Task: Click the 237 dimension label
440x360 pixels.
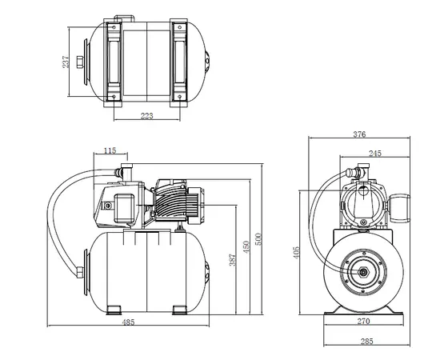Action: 65,62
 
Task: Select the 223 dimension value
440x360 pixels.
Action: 146,116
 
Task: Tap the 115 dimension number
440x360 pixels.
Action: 110,150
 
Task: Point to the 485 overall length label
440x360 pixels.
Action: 128,322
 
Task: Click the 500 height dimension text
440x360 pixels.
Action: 258,239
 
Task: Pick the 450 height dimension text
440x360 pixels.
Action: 246,247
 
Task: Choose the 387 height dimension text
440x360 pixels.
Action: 232,260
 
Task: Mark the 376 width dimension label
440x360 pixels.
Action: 359,134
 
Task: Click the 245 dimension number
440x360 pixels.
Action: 375,154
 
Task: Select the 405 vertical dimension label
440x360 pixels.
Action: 296,253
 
